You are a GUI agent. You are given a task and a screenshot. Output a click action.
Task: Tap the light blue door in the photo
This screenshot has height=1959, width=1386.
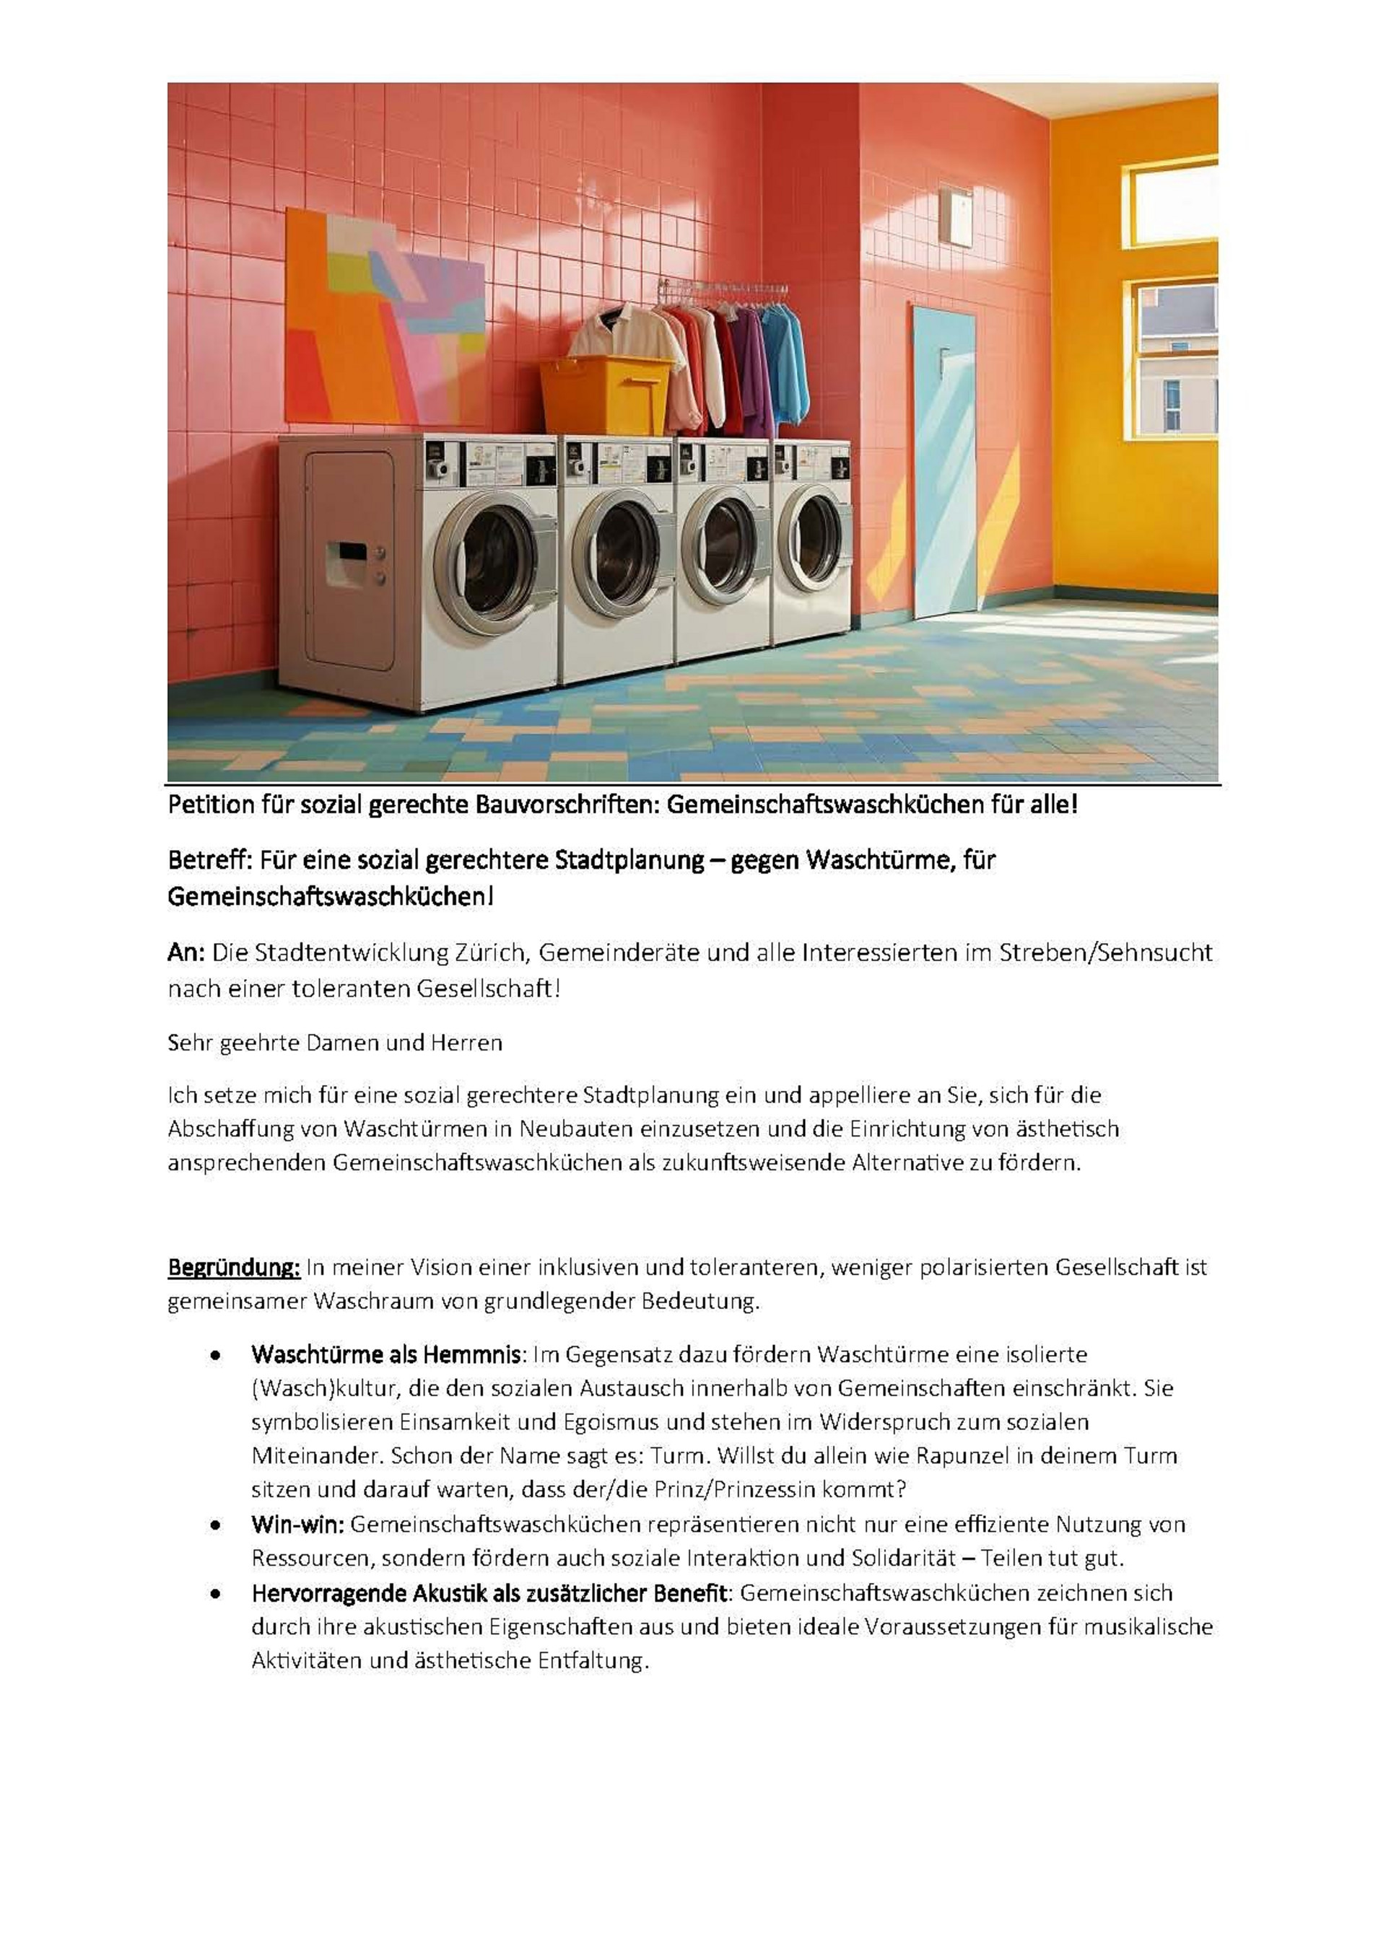[944, 461]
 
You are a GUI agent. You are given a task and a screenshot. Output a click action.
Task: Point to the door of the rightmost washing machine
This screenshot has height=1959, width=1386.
[811, 538]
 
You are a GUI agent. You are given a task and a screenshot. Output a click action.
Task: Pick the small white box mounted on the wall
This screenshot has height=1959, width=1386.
[955, 215]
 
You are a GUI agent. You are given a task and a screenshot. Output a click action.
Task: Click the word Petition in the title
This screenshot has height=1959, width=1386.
[212, 805]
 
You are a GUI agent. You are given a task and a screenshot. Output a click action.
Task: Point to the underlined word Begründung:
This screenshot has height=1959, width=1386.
[233, 1268]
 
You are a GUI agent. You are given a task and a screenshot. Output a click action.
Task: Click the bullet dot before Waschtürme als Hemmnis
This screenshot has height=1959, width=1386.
[217, 1355]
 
